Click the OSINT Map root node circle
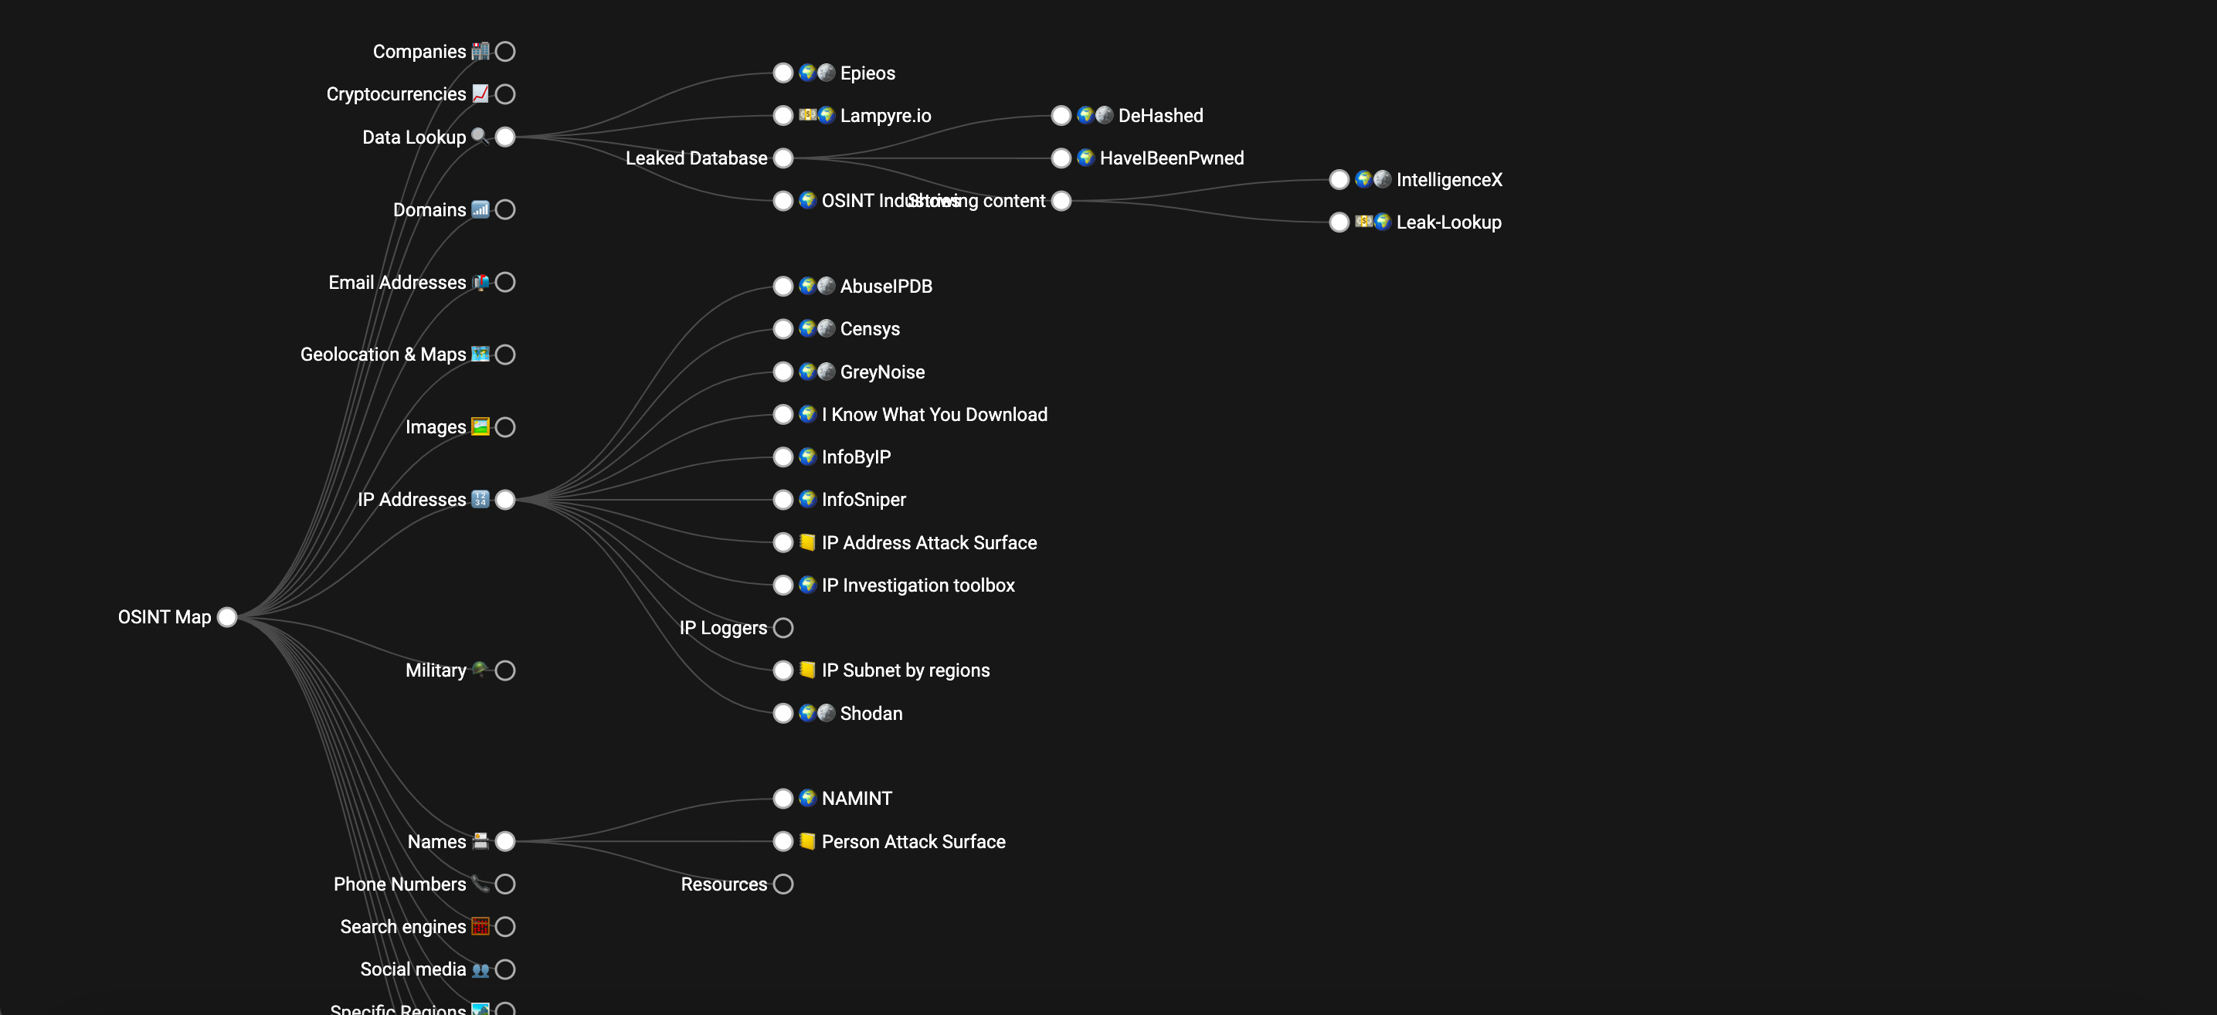point(227,617)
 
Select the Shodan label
point(871,714)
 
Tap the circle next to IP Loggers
point(783,627)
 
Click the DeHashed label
point(1160,115)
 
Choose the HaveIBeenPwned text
point(1171,158)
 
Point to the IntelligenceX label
point(1448,180)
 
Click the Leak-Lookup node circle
point(1339,222)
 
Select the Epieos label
point(867,73)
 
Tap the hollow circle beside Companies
point(505,52)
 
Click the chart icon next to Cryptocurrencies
point(480,93)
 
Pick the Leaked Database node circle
point(783,158)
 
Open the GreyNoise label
point(882,372)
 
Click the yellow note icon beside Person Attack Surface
point(807,841)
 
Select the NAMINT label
point(857,799)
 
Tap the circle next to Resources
point(783,884)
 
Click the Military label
point(436,670)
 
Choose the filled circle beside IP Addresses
point(505,499)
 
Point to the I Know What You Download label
point(934,415)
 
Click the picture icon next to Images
point(480,427)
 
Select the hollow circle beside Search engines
point(505,926)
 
